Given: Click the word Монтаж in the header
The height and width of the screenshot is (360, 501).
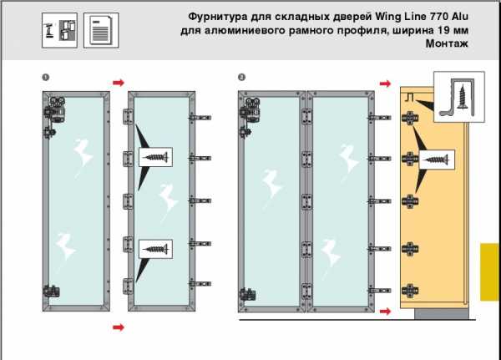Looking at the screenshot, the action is coord(447,43).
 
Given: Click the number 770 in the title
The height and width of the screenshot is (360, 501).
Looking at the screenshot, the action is coord(438,17).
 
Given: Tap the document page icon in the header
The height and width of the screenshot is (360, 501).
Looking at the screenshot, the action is coord(101,30).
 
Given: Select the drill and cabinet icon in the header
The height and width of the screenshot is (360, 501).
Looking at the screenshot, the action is coord(59,30).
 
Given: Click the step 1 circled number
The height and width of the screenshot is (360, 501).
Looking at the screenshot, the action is coord(46,78).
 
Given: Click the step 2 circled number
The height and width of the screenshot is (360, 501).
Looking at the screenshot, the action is coord(241,78).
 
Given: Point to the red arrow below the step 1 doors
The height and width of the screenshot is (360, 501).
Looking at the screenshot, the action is coord(119,327).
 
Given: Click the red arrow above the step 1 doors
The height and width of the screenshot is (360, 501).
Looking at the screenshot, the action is coord(119,83).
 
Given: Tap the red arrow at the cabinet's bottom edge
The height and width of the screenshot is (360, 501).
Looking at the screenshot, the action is coord(385,311).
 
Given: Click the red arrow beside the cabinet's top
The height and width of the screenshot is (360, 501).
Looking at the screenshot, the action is coord(385,84).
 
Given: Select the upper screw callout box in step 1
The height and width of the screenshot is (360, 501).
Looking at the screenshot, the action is coord(155,157).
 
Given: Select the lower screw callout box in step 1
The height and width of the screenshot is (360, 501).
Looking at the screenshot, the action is coord(155,249).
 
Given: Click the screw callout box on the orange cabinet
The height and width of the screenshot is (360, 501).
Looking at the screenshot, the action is coord(437,160).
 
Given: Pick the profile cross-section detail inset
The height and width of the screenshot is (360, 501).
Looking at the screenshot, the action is coord(459,97).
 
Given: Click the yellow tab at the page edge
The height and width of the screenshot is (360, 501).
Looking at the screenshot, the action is coord(489,272).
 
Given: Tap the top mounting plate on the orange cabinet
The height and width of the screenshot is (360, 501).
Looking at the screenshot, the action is coord(410,118).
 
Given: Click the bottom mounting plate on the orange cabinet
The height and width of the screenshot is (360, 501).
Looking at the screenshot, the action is coord(410,291).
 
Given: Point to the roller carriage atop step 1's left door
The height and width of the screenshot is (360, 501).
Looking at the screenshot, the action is coord(55,110).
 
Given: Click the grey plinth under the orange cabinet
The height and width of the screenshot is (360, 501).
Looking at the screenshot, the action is coord(442,313).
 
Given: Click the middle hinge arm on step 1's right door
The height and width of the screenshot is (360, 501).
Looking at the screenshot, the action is coord(200,200).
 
